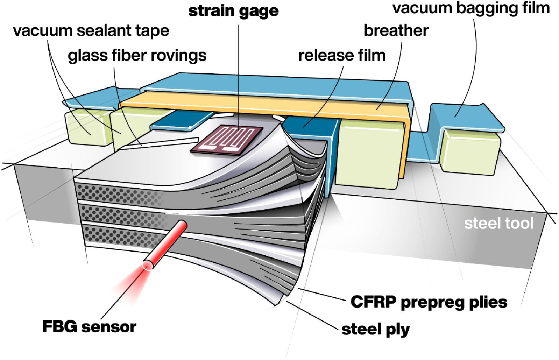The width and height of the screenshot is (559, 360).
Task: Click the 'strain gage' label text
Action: coord(233,11)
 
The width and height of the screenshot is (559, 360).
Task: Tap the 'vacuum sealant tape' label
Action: coord(91,31)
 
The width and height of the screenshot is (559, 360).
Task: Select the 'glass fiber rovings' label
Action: coord(137,56)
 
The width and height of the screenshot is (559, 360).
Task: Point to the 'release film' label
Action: coord(342,55)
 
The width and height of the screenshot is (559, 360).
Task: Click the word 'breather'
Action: coord(396,31)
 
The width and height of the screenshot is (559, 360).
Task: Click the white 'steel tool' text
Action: coord(498,223)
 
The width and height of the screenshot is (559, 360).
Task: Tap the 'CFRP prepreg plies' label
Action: coord(429,302)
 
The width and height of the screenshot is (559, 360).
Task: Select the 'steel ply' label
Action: coord(375,329)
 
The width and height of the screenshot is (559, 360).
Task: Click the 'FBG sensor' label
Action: coord(89,327)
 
